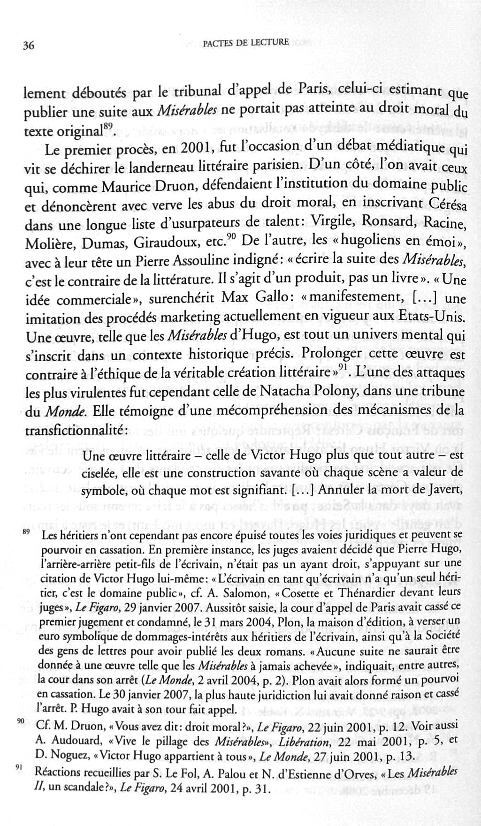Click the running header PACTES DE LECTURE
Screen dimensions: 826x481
point(245,43)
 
